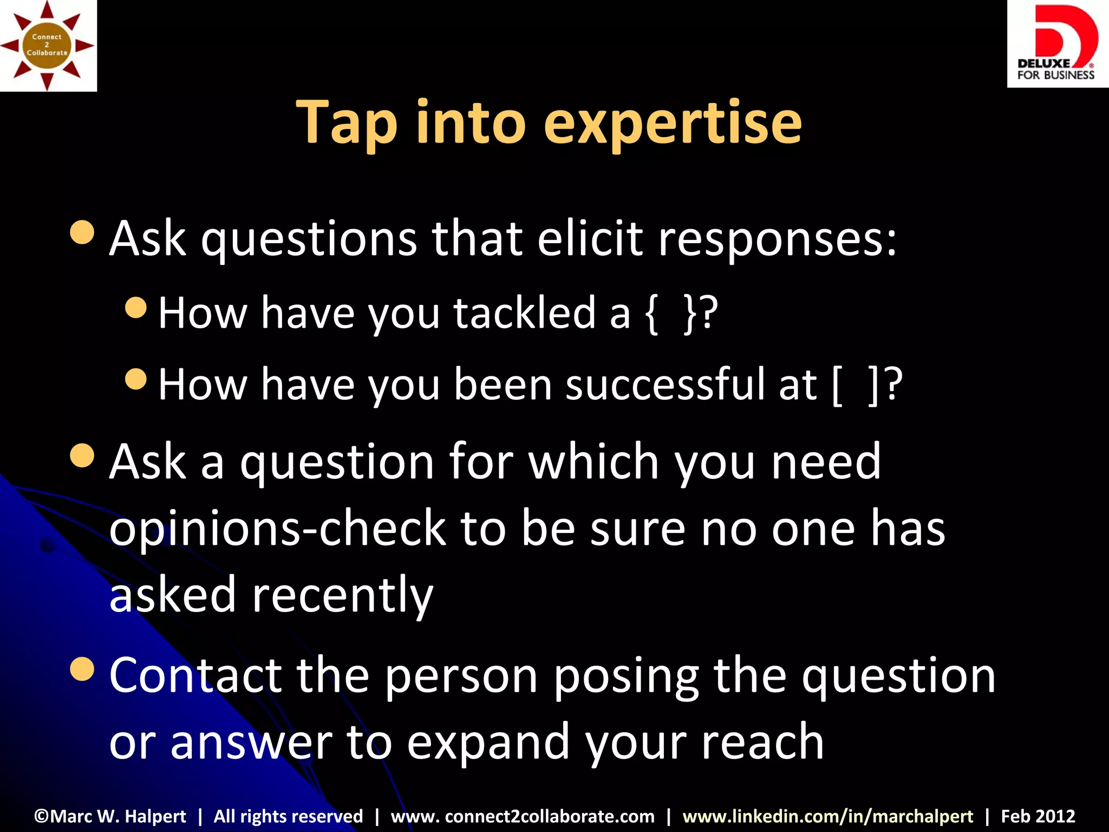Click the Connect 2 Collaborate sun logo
[x=48, y=45]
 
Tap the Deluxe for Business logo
[x=1056, y=43]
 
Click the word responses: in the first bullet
[x=777, y=240]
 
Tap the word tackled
[x=524, y=313]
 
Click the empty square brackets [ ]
[x=854, y=385]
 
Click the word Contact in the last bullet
[x=195, y=675]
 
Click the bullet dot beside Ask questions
[x=82, y=233]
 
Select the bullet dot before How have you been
[x=135, y=379]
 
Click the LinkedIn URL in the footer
[x=827, y=816]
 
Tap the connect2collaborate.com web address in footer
[x=523, y=816]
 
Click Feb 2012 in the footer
[x=1038, y=816]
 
